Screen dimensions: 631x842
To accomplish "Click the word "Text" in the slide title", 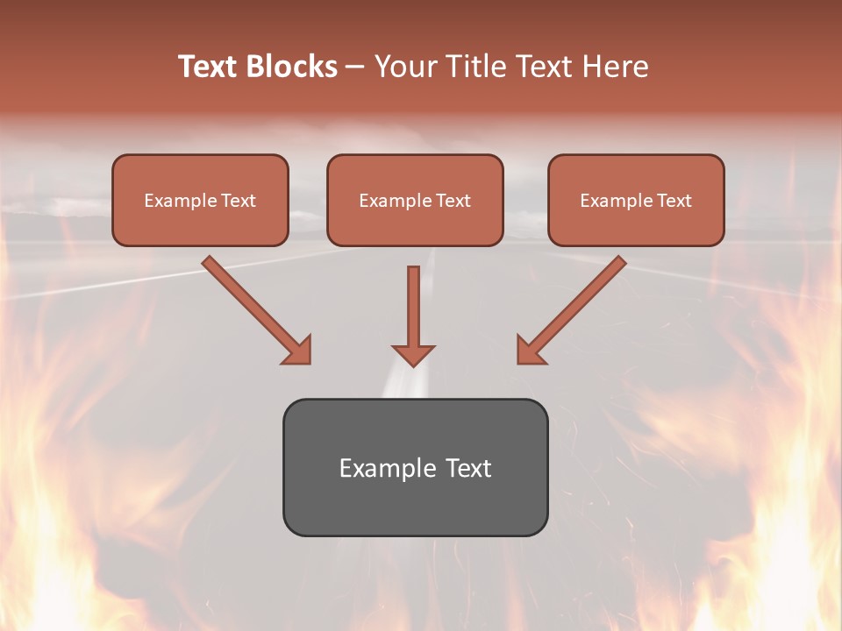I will pyautogui.click(x=210, y=67).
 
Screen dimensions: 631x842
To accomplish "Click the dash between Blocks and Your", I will pyautogui.click(x=356, y=67).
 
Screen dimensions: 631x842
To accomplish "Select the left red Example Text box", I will pyautogui.click(x=200, y=201).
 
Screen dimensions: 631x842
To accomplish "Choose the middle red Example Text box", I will pyautogui.click(x=415, y=201).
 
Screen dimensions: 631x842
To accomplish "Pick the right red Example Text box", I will pyautogui.click(x=636, y=201).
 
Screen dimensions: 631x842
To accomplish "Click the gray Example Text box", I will pyautogui.click(x=415, y=467).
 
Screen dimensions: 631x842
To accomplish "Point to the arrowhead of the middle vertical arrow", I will pyautogui.click(x=413, y=355).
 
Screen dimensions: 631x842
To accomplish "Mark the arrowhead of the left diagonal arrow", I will pyautogui.click(x=298, y=350).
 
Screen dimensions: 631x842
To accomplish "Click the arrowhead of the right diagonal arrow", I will pyautogui.click(x=530, y=350).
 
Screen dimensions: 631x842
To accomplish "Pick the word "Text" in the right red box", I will pyautogui.click(x=674, y=201).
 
